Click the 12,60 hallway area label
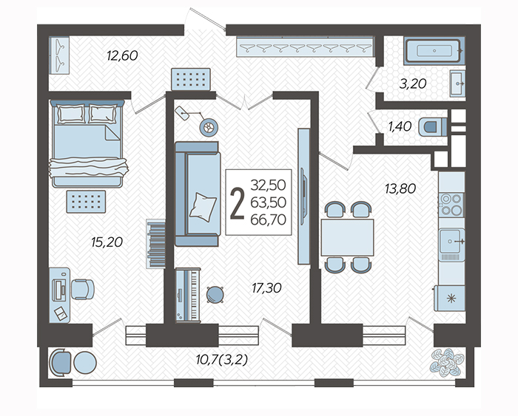coord(122,55)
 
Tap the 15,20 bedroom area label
coord(107,242)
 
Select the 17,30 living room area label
coord(266,288)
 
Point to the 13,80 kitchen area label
coord(400,188)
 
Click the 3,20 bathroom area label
coord(413,83)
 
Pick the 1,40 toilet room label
coord(400,126)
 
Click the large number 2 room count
coord(238,203)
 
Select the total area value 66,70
coord(268,219)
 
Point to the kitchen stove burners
coord(451,205)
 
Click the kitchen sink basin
coord(451,241)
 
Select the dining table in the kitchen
coord(347,237)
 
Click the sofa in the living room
coord(198,194)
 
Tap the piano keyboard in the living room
coord(188,295)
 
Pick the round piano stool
coord(215,295)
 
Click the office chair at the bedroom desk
coord(83,290)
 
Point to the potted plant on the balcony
coord(447,363)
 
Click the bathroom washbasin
coord(457,83)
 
